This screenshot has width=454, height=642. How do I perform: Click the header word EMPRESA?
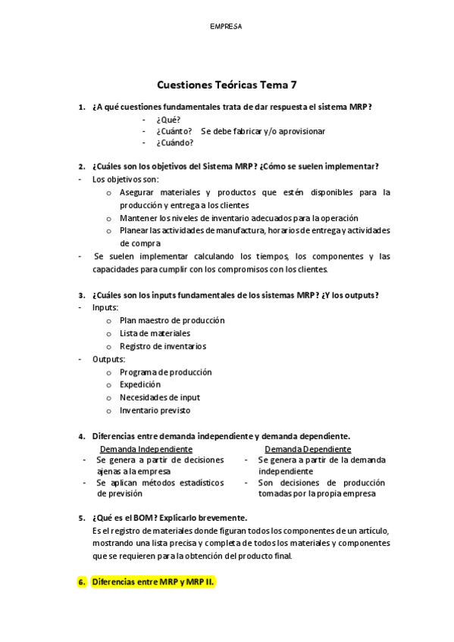tap(226, 26)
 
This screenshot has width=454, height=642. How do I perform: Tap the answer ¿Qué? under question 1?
tap(168, 119)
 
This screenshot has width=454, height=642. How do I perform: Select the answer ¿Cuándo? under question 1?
tap(174, 142)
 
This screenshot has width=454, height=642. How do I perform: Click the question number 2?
tap(82, 167)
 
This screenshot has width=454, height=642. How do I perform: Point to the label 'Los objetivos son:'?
tap(125, 179)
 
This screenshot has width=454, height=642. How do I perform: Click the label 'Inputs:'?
tap(105, 307)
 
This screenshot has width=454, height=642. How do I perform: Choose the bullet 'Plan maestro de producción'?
tap(171, 320)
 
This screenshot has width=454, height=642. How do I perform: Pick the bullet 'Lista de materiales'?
tap(155, 333)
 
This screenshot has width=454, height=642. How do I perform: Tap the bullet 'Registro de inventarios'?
tap(162, 346)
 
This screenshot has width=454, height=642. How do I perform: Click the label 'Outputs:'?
tap(109, 359)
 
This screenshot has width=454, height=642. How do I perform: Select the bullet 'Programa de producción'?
tap(165, 372)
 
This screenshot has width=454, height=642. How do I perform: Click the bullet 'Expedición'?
tap(139, 385)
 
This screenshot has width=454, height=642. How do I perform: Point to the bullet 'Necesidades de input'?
tap(159, 397)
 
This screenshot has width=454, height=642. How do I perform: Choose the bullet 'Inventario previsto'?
tap(155, 410)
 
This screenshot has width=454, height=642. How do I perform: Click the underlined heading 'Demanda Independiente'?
tap(146, 449)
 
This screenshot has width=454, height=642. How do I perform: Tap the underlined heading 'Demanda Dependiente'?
tap(308, 449)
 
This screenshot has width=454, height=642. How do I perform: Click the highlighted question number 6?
tap(83, 582)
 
